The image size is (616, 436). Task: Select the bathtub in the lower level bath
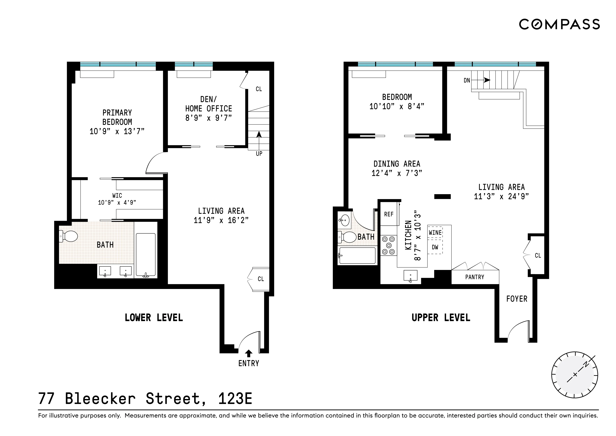click(x=146, y=255)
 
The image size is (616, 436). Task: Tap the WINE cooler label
click(x=435, y=233)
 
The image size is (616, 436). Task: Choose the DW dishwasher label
click(x=435, y=247)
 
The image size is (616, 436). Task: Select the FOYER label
click(x=516, y=299)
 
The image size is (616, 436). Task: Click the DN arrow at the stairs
click(x=486, y=80)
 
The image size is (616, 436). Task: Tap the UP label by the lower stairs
click(x=259, y=153)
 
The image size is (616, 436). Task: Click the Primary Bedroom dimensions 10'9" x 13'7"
click(x=117, y=131)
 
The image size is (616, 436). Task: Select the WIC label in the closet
click(x=117, y=195)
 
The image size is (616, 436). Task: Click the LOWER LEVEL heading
click(x=154, y=318)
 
